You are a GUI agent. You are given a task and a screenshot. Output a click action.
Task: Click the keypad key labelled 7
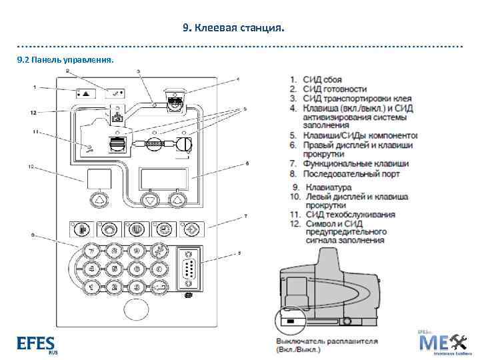pyautogui.click(x=93, y=251)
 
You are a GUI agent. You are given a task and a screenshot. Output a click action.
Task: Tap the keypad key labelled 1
pyautogui.click(x=93, y=287)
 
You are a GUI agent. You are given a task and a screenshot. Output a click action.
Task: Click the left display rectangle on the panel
pyautogui.click(x=97, y=178)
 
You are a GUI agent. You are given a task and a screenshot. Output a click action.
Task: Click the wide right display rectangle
pyautogui.click(x=165, y=178)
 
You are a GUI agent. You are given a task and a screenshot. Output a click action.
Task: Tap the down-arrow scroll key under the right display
pyautogui.click(x=150, y=199)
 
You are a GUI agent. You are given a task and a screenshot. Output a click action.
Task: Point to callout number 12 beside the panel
pyautogui.click(x=33, y=113)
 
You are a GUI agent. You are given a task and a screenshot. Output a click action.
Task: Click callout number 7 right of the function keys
pyautogui.click(x=245, y=216)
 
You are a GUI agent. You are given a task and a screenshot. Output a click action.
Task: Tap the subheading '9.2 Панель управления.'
pyautogui.click(x=65, y=60)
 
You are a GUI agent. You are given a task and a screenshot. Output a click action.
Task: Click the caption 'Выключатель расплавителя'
pyautogui.click(x=327, y=341)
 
